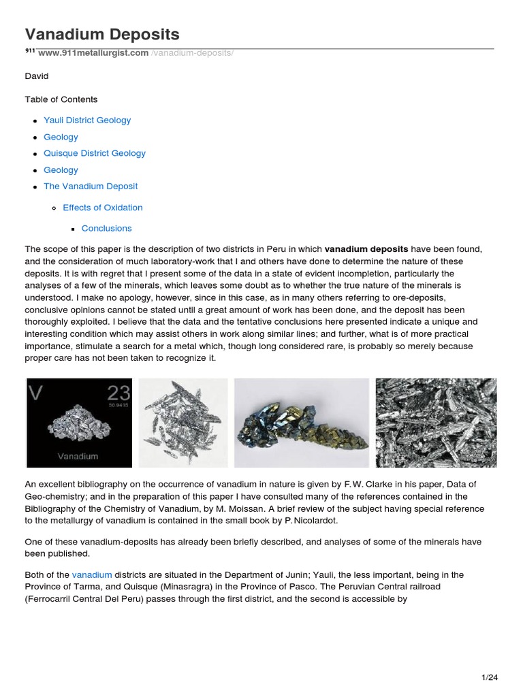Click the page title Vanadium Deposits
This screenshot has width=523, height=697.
[x=102, y=34]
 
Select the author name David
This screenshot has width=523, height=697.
[x=37, y=77]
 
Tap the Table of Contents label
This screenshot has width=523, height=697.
[x=61, y=99]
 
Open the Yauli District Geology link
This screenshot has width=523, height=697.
[x=87, y=120]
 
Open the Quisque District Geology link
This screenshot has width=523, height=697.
[x=95, y=153]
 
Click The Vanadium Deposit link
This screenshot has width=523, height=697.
[x=91, y=187]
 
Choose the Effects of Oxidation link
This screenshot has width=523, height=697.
[x=103, y=208]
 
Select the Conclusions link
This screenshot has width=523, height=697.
[x=107, y=229]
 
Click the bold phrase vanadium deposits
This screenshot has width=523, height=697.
[x=367, y=250]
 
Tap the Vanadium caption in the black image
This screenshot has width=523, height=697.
[x=78, y=456]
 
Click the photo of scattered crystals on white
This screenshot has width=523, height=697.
[x=183, y=423]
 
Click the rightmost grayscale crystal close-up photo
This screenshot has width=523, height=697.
[x=436, y=423]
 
